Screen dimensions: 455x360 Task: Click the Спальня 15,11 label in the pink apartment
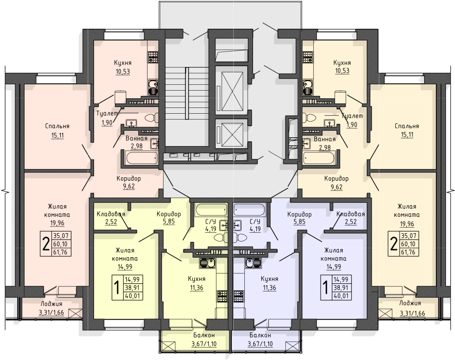tap(57, 131)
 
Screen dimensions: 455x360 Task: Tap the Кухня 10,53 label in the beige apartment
tap(342, 67)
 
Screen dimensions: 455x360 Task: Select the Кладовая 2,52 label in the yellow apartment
tap(111, 218)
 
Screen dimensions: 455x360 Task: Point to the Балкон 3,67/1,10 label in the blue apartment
tap(260, 340)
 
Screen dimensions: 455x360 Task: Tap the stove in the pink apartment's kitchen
tap(153, 57)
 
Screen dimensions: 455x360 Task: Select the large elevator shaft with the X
tap(231, 91)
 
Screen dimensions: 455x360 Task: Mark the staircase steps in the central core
tap(175, 93)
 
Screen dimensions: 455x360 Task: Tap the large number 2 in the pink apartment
tap(46, 244)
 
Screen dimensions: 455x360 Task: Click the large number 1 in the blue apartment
tap(325, 288)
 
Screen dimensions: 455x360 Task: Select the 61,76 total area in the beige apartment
tap(408, 252)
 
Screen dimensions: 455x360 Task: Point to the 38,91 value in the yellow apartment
tap(133, 288)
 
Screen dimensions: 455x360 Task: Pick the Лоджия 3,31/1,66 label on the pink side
tap(52, 308)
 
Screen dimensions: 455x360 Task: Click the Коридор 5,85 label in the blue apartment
tap(299, 218)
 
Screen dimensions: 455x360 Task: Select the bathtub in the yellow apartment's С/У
tap(211, 210)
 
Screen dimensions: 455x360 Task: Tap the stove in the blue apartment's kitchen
tap(239, 297)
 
